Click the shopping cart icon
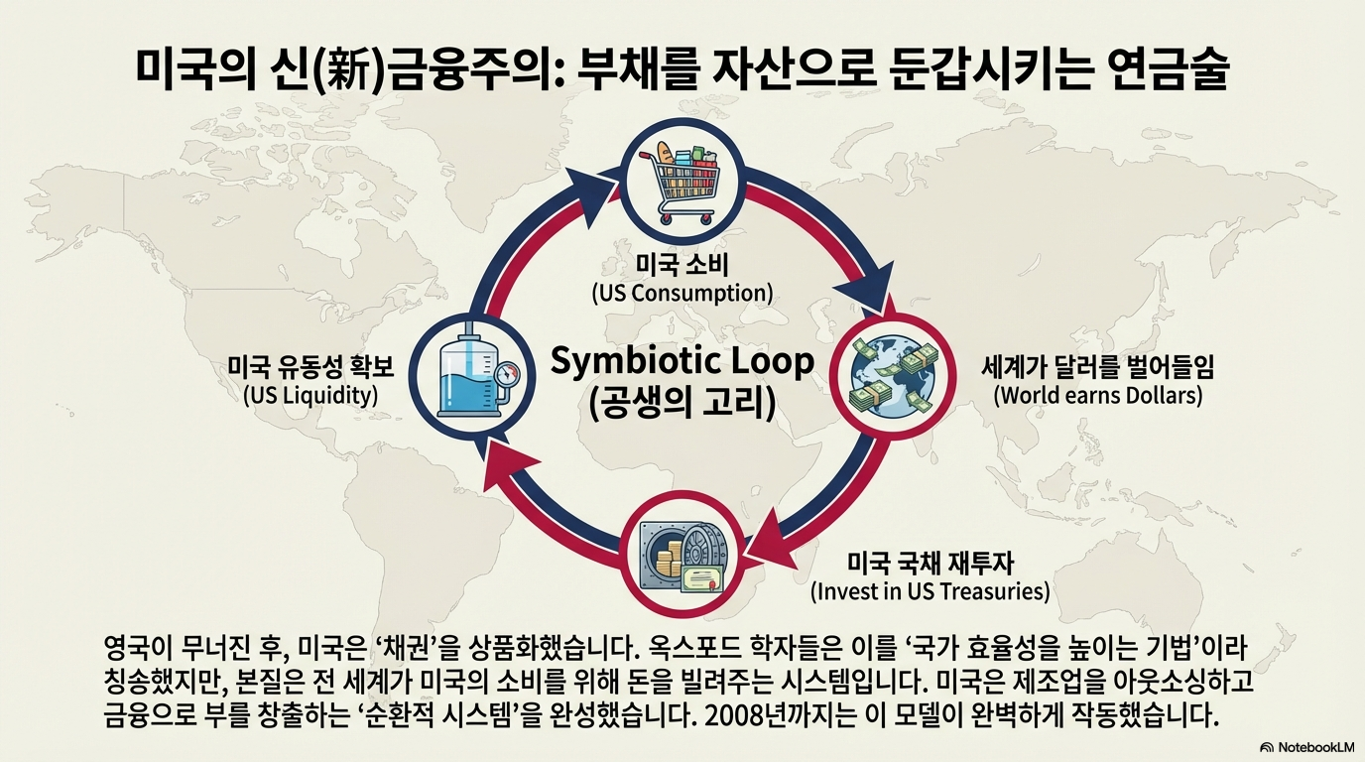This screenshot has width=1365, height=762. point(682,181)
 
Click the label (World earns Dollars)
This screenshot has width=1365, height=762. point(1097,395)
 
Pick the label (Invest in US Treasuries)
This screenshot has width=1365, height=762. point(930,592)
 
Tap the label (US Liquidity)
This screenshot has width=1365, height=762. point(310,395)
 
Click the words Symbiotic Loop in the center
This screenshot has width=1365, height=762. point(682,361)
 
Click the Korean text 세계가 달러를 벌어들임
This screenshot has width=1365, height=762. point(1097,367)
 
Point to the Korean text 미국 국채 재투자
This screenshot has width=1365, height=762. point(930,564)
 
